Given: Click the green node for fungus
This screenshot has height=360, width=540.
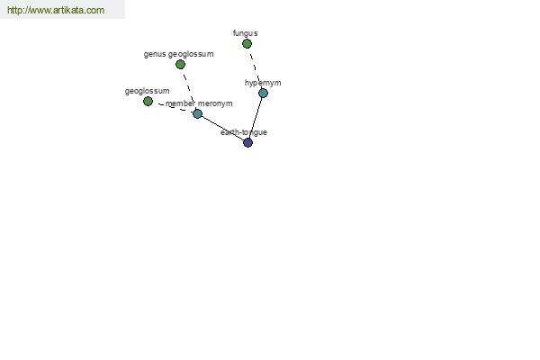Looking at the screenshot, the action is pos(247,44).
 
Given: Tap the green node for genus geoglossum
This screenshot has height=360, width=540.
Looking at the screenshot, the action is pos(180,65).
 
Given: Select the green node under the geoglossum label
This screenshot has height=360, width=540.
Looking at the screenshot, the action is pos(148,102).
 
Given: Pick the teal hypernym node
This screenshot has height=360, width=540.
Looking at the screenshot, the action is pos(263,93).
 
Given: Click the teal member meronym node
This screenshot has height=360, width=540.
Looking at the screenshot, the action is pos(197,113).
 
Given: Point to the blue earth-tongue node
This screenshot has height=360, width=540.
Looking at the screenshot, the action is pos(248,142).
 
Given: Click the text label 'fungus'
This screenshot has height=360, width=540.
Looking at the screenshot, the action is pos(245,33).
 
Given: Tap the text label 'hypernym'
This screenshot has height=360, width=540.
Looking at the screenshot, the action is pos(263,83).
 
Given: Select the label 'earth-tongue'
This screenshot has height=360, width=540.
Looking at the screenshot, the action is pos(244,132).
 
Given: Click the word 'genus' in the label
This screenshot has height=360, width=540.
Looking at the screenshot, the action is pos(155,54).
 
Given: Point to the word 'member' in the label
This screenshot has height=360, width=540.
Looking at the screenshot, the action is pos(181,103).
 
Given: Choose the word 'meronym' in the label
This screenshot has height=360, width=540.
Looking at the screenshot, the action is pos(215,103).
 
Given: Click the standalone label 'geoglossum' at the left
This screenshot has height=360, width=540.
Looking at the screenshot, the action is pos(147,91).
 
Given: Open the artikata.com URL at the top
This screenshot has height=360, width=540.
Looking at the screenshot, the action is pos(56,10).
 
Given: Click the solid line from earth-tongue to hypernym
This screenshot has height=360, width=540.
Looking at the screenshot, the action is pos(256,118).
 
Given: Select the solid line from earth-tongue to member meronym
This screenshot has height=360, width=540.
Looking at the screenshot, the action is pos(222,128).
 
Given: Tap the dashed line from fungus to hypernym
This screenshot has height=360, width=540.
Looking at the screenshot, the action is pos(255,68).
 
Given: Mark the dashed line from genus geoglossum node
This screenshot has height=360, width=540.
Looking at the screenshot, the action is pos(189,88).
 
